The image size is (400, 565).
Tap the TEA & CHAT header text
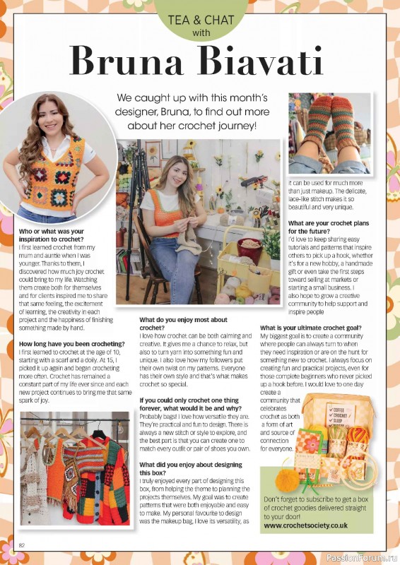click(x=201, y=20)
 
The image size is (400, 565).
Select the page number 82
click(x=22, y=545)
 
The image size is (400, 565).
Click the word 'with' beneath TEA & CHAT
click(x=201, y=32)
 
